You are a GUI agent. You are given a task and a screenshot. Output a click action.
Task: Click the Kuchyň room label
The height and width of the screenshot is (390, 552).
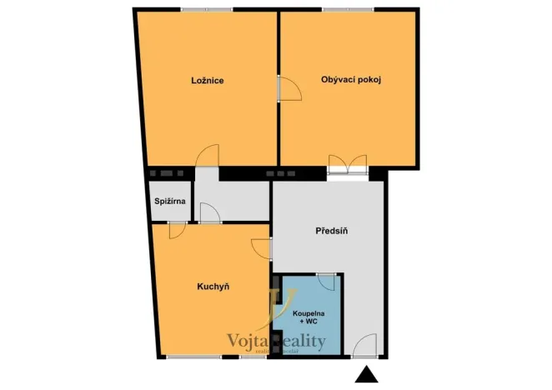(213, 287)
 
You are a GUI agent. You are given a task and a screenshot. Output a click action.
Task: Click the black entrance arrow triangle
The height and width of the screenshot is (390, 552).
(365, 376)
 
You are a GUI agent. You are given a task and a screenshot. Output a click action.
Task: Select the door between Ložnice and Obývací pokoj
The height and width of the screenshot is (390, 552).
(288, 87)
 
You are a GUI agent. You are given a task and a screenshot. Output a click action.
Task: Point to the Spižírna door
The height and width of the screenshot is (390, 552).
(178, 229)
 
